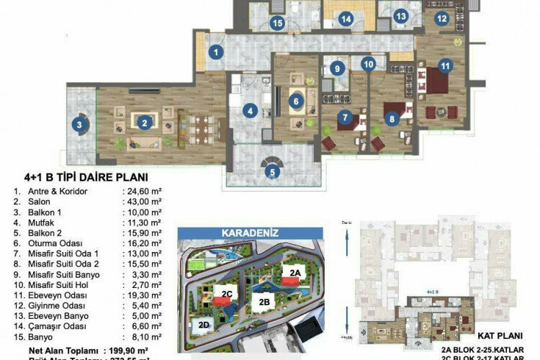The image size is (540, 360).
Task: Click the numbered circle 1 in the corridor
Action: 215,52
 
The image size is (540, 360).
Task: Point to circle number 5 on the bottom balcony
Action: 271,172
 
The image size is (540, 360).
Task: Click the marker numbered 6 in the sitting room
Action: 295,102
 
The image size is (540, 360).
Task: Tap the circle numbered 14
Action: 346,19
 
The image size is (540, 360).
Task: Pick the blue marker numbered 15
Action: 277,23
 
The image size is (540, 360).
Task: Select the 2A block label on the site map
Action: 294,272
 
